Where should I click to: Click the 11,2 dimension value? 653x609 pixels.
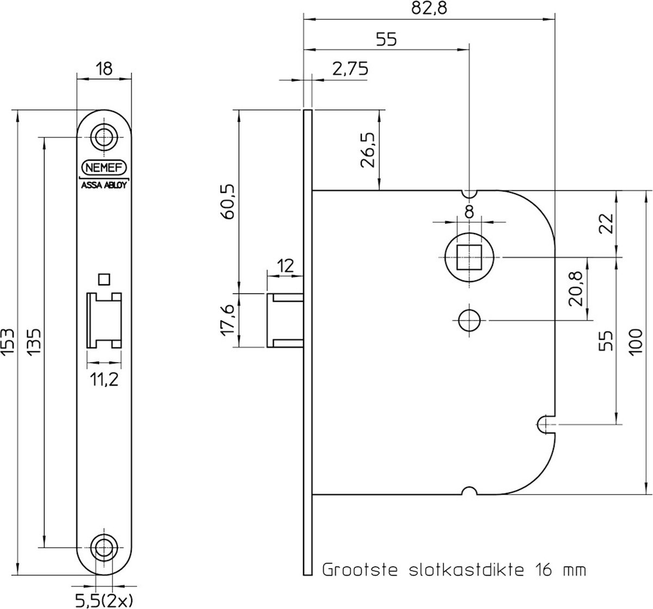click(x=104, y=380)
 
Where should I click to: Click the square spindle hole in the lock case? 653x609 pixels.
click(x=469, y=256)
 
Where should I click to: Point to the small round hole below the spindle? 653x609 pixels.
click(x=469, y=320)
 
